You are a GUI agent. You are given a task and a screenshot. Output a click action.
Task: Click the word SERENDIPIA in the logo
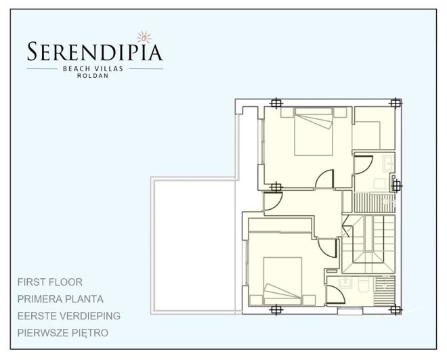pyautogui.click(x=95, y=51)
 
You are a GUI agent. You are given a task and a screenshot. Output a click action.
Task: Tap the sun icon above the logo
pyautogui.click(x=142, y=35)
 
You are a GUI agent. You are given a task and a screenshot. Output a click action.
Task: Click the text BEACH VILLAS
pyautogui.click(x=94, y=68)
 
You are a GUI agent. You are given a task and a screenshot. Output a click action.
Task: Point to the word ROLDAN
pyautogui.click(x=94, y=75)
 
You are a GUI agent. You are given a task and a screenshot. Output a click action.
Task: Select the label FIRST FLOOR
pyautogui.click(x=50, y=282)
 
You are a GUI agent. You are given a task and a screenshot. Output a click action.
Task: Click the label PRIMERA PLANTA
pyautogui.click(x=61, y=298)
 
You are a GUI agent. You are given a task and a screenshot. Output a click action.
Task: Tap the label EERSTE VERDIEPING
pyautogui.click(x=69, y=315)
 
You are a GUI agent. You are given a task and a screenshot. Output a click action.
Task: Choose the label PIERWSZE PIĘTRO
pyautogui.click(x=63, y=333)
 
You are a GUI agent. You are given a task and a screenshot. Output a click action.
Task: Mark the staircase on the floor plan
pyautogui.click(x=369, y=244)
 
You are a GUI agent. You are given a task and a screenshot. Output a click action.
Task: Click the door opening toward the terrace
pyautogui.click(x=273, y=201)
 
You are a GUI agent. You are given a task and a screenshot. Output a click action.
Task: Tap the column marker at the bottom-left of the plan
pyautogui.click(x=275, y=310)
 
